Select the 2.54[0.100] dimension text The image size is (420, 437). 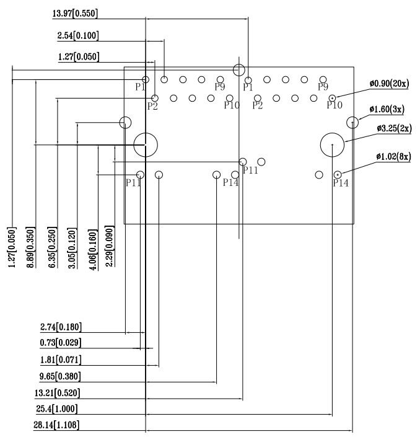point(77,37)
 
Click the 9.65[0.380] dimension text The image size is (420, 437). point(60,376)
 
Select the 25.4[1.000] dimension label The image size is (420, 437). point(57,409)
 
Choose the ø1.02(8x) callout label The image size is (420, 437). point(393,156)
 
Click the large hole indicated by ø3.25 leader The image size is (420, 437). point(333,145)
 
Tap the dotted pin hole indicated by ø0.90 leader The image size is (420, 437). point(333,98)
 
